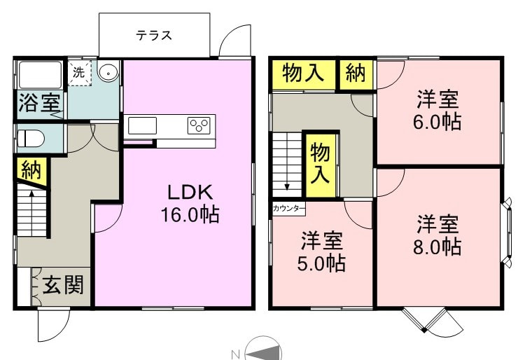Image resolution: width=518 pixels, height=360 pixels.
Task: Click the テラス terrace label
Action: (x=154, y=35)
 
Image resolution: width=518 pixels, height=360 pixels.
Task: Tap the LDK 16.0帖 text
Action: (x=190, y=204)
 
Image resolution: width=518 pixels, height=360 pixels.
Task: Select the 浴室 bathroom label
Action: (x=39, y=102)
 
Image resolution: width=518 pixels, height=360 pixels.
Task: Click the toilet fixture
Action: (x=31, y=138)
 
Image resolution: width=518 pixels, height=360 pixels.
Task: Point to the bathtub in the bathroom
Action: (x=41, y=75)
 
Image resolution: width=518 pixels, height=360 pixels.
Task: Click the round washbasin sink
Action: (x=108, y=71)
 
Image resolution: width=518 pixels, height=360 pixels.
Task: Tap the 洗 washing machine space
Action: (x=80, y=73)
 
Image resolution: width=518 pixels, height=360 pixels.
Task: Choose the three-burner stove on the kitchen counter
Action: (x=199, y=125)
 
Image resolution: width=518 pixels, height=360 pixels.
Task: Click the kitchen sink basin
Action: (x=142, y=125)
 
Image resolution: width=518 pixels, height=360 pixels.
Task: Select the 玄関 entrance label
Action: (x=63, y=285)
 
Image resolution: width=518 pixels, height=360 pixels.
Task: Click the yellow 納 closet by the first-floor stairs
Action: (x=31, y=172)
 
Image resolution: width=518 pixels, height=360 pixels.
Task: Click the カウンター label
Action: (x=288, y=209)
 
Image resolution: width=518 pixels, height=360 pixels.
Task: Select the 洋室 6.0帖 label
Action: (x=437, y=111)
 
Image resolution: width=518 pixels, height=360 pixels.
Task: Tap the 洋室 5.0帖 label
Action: (x=321, y=252)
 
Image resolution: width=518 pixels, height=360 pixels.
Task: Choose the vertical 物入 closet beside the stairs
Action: (x=321, y=165)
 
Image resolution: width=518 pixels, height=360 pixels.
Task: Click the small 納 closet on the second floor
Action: (x=356, y=74)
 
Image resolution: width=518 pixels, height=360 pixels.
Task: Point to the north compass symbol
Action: (x=263, y=349)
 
